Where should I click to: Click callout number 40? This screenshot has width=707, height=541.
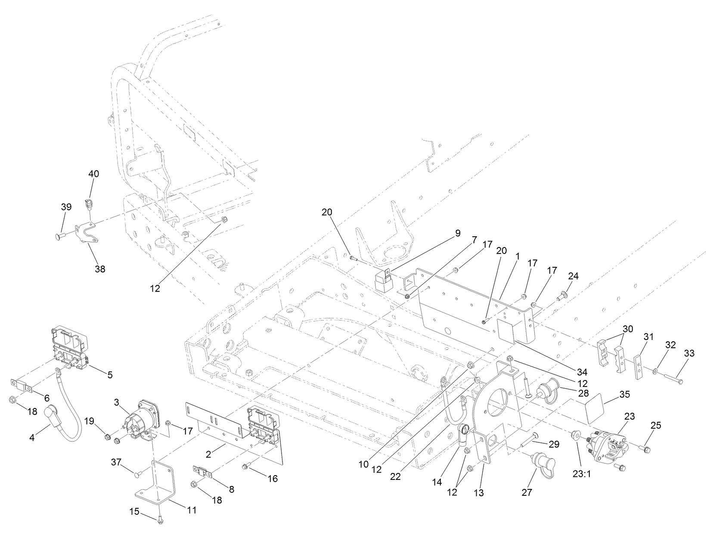93,174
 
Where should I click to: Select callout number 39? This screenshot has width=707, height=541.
66,207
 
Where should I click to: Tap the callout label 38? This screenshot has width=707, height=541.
99,269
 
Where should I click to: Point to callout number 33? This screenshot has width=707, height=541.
689,353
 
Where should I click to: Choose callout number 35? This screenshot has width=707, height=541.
624,394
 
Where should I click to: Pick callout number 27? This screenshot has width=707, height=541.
527,493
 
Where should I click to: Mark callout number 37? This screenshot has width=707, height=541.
116,462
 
